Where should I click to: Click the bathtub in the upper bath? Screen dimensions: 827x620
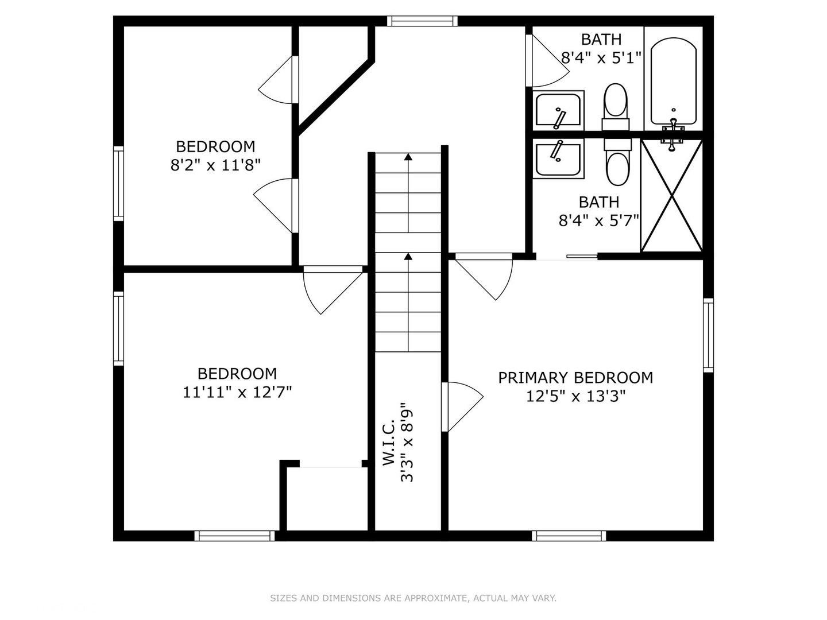673,80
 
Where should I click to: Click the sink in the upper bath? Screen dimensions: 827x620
558,110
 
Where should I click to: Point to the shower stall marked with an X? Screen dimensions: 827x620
671,196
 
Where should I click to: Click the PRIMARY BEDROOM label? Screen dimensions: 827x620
575,378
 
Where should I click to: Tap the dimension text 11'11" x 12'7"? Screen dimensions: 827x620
237,393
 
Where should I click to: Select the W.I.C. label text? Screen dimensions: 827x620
389,443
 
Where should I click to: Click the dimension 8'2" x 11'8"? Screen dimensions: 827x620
215,165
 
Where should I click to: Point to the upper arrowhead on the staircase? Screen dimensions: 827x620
408,157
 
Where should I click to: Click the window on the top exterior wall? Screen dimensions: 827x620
422,21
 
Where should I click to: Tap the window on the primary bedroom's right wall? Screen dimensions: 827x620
708,335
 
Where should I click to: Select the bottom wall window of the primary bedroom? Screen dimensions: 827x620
569,536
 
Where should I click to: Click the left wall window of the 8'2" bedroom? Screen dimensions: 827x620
119,183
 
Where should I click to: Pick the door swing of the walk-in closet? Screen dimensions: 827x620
463,406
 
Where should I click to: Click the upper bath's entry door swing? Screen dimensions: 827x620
547,61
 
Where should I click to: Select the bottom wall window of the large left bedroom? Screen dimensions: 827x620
235,536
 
